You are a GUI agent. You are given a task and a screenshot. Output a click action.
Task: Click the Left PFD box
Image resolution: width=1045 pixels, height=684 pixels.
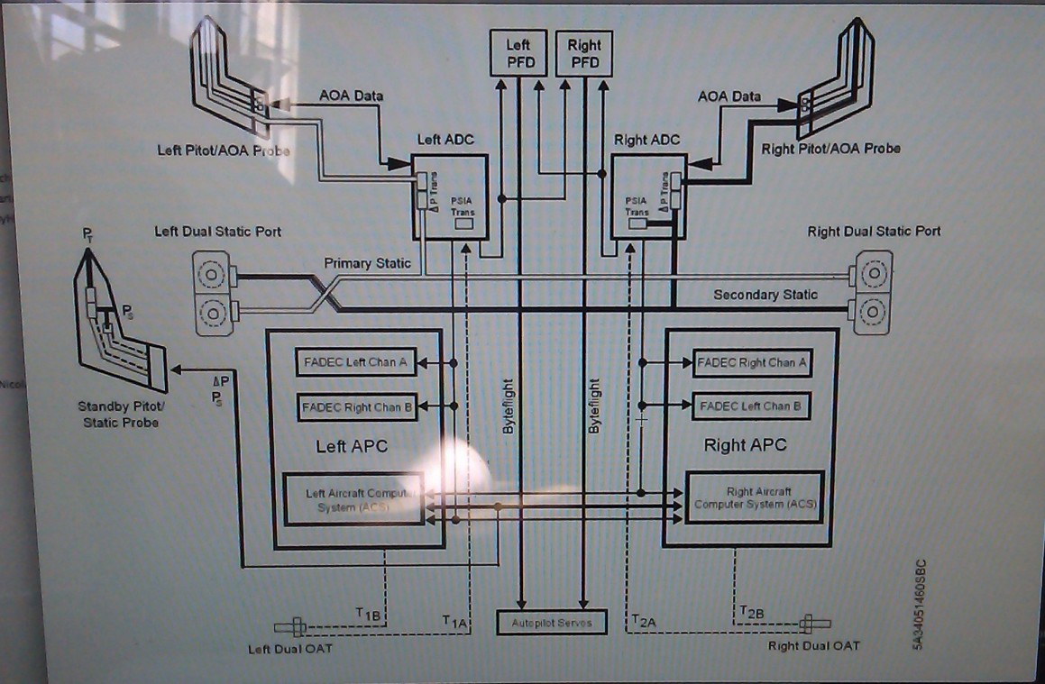518,53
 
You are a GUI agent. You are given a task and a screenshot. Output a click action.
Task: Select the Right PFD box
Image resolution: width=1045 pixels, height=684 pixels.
584,53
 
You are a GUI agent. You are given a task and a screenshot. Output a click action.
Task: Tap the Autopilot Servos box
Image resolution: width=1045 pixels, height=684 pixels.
552,623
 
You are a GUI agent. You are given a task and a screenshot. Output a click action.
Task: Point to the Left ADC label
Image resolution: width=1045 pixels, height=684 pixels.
445,140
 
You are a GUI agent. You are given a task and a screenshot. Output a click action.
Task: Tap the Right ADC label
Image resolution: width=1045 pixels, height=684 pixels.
646,140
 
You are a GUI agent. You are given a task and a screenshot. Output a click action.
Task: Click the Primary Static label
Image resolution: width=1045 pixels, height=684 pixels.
367,263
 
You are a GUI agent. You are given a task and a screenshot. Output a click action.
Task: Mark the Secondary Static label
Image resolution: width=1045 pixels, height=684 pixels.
765,295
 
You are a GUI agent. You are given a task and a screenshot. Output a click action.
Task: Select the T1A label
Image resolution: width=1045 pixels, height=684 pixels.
454,622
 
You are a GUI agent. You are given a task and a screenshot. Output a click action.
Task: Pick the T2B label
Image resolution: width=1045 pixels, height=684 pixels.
752,614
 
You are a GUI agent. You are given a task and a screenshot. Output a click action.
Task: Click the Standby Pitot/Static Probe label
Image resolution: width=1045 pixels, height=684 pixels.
121,415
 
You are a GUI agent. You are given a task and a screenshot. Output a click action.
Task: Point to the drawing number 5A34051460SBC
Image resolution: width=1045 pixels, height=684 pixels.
919,604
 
